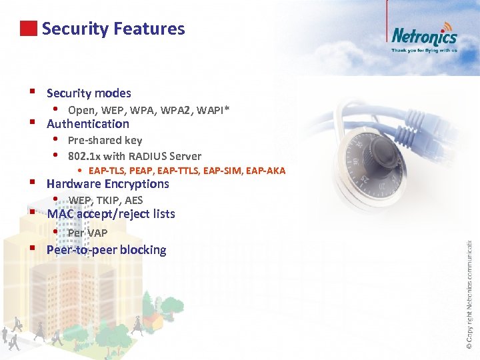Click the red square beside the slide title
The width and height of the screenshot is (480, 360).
point(27,29)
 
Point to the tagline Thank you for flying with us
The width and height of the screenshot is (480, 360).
point(424,50)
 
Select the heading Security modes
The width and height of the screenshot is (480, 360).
point(89,93)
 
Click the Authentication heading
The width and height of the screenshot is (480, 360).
point(88,123)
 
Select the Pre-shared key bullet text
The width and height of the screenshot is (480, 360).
point(105,140)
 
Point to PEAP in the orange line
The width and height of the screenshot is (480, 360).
point(146,171)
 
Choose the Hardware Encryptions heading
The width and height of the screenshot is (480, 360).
point(108,183)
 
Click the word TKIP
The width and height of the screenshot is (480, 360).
point(107,200)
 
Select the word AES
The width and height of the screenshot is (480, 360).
point(133,200)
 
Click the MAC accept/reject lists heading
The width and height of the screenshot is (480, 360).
point(111,214)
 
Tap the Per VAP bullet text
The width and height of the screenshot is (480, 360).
point(87,233)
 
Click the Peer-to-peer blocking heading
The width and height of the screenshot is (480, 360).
point(106,250)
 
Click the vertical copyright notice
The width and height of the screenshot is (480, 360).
point(469,293)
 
